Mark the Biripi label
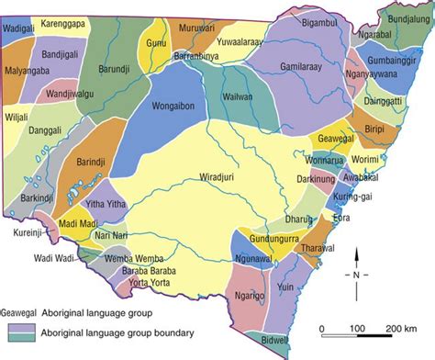point(376,130)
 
